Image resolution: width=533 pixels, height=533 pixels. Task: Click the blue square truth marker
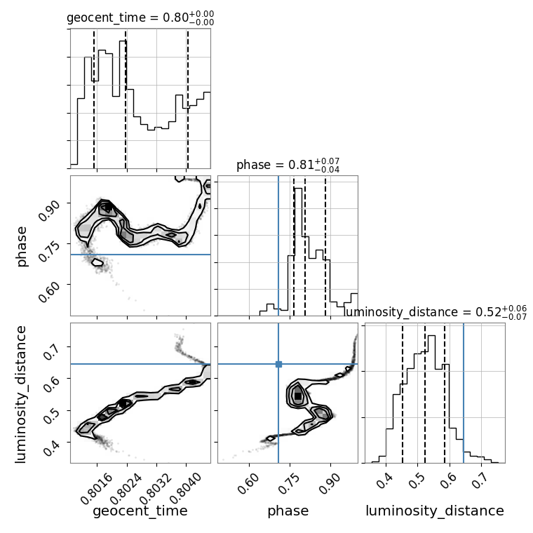click(x=278, y=364)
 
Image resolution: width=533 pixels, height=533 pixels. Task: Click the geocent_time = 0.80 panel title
click(x=140, y=18)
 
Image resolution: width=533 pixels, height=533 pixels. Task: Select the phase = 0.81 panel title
click(x=288, y=165)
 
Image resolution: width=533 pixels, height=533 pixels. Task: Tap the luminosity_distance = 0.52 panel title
click(x=436, y=312)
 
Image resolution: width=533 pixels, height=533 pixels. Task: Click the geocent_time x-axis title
click(x=140, y=511)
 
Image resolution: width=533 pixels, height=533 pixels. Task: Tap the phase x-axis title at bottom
click(x=288, y=511)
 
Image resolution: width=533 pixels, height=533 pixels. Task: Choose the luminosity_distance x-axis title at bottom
click(x=435, y=511)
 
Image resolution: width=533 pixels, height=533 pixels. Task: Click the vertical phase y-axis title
click(x=21, y=246)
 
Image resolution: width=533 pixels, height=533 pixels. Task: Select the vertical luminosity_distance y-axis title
click(x=20, y=394)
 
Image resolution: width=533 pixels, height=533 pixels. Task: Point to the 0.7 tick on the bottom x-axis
click(x=479, y=481)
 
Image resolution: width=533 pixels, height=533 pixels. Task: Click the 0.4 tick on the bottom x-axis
click(x=384, y=481)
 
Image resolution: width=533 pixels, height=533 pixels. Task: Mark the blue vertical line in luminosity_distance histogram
click(x=464, y=393)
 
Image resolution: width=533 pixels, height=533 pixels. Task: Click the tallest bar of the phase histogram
click(x=298, y=252)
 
